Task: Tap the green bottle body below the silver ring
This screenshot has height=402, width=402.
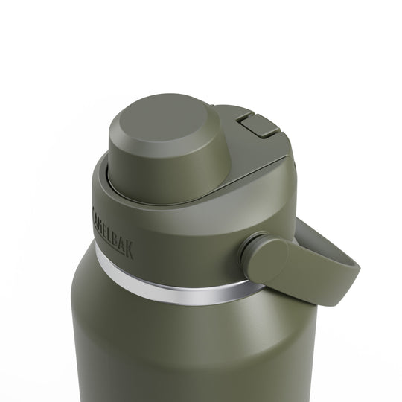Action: coord(186,350)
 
